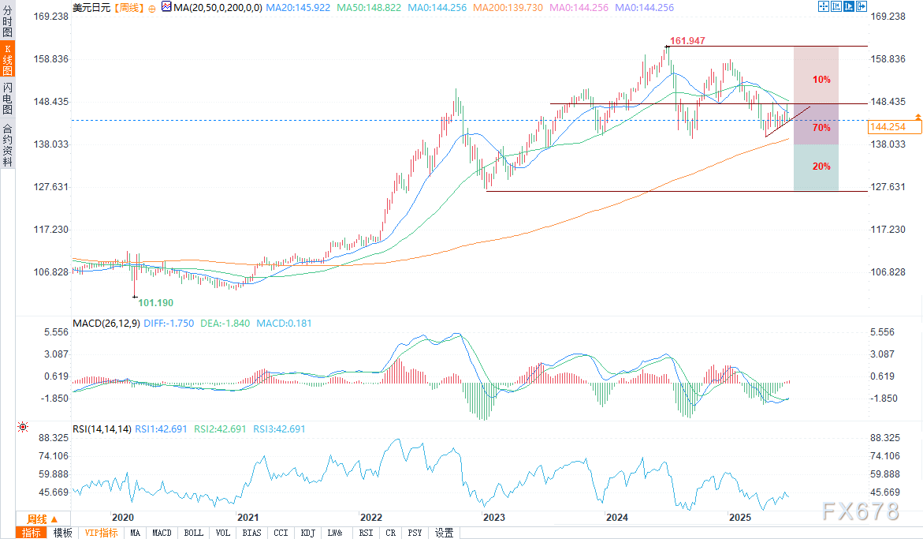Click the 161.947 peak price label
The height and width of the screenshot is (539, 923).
686,39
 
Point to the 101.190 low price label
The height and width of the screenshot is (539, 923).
155,303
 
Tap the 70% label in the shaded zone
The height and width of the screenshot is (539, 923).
821,128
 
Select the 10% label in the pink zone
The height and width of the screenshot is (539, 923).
821,80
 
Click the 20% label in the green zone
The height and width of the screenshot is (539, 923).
821,167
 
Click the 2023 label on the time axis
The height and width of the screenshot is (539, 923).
494,518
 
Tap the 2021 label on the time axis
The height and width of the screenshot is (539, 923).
248,518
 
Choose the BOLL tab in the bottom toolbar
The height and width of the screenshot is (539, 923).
193,533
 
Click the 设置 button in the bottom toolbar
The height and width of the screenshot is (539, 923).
444,533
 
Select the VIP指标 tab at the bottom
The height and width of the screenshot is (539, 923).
101,533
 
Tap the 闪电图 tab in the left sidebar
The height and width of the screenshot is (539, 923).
7,98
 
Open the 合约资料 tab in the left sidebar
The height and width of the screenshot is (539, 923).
7,144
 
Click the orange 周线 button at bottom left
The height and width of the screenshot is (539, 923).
37,518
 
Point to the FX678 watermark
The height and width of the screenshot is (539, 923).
860,511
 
